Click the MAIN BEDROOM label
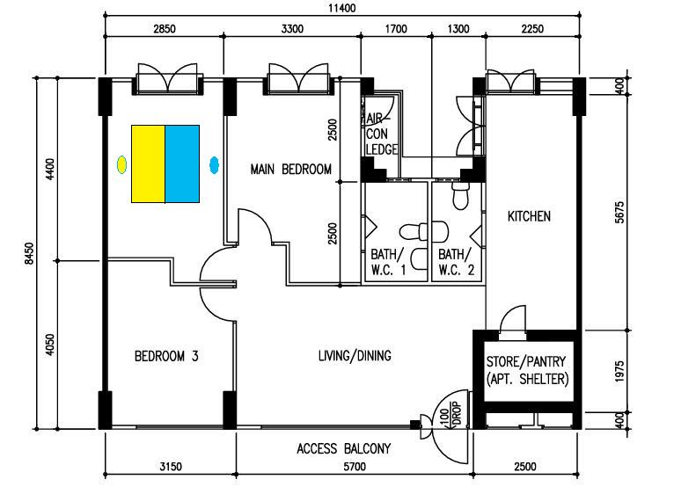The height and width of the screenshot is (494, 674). click(x=291, y=170)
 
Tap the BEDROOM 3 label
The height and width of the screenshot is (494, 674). click(x=166, y=356)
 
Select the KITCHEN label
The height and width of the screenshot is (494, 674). click(x=529, y=216)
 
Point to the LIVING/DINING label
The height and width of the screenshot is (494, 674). click(x=355, y=356)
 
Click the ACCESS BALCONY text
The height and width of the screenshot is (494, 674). click(x=344, y=449)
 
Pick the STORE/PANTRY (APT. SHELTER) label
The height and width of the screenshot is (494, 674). click(x=527, y=370)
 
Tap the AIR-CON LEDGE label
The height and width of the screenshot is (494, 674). click(x=381, y=134)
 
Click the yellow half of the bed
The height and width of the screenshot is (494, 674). click(x=149, y=163)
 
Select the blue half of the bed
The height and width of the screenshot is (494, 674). click(x=182, y=163)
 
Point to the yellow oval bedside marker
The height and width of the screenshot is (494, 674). click(x=121, y=164)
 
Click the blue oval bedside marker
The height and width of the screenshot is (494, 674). click(x=214, y=165)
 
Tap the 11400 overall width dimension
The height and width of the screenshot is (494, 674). click(x=342, y=8)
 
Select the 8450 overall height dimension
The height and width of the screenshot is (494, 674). click(x=29, y=253)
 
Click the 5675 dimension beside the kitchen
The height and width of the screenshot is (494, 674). click(x=619, y=212)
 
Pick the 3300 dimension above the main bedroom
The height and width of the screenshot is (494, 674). click(x=292, y=29)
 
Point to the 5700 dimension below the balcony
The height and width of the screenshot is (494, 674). click(x=355, y=467)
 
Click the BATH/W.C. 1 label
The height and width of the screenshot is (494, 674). click(x=388, y=262)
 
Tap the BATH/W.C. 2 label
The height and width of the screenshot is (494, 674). click(x=456, y=262)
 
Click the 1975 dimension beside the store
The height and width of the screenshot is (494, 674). click(x=619, y=371)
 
